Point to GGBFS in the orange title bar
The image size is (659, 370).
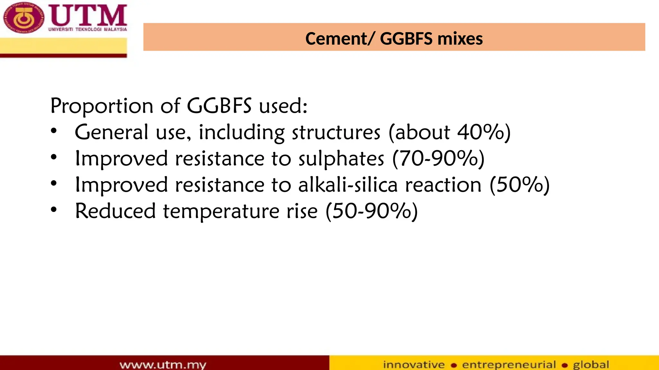pyautogui.click(x=406, y=39)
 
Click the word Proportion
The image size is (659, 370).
pyautogui.click(x=102, y=106)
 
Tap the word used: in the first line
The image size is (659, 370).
pyautogui.click(x=283, y=106)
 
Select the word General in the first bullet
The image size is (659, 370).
pyautogui.click(x=111, y=132)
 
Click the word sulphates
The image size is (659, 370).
pyautogui.click(x=341, y=159)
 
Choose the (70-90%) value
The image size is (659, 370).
pyautogui.click(x=438, y=159)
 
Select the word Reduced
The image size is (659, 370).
pyautogui.click(x=115, y=211)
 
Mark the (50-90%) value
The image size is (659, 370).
pyautogui.click(x=372, y=211)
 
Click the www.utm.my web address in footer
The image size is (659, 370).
pyautogui.click(x=163, y=365)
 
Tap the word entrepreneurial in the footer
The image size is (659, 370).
pyautogui.click(x=509, y=365)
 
